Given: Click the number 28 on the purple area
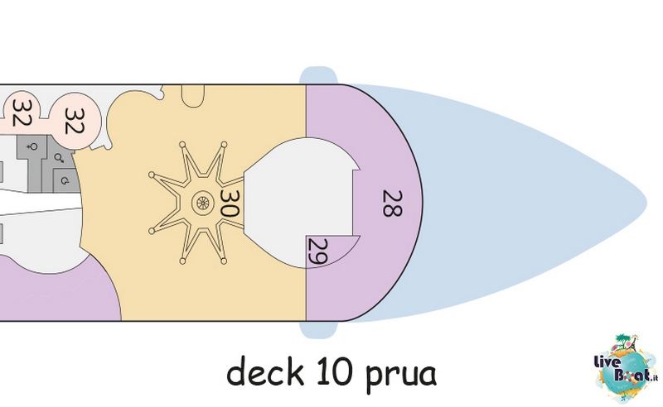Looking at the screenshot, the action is click(x=392, y=203).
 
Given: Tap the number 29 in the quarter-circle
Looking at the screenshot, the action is click(x=318, y=252).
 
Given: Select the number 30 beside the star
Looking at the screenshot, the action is click(x=230, y=203).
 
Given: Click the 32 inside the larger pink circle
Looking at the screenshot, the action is click(x=75, y=121).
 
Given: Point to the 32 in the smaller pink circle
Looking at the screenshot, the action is click(x=21, y=113).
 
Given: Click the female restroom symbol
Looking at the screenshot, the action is click(x=31, y=147).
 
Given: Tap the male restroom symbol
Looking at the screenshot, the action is click(x=59, y=158).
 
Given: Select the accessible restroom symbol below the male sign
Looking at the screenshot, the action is click(x=65, y=181).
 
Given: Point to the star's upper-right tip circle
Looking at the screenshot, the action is click(x=224, y=145).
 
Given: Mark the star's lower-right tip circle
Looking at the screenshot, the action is click(x=224, y=261).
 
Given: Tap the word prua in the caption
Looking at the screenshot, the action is click(x=399, y=375).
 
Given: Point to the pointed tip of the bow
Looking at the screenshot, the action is click(x=646, y=202).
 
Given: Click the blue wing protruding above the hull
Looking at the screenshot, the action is click(x=318, y=75).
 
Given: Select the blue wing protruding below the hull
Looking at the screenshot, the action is click(x=318, y=330).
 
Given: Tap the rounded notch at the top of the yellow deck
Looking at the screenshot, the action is click(x=193, y=95).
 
